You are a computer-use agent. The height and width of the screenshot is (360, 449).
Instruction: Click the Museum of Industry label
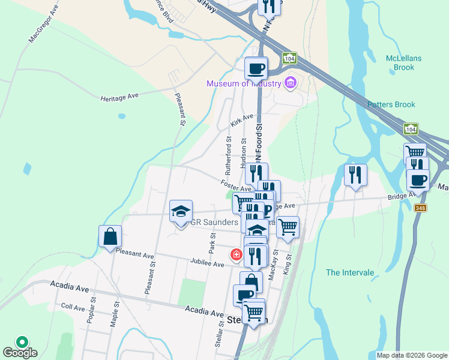244,83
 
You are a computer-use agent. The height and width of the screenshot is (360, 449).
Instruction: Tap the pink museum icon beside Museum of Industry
291,82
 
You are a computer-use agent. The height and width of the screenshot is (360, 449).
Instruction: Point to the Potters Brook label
391,104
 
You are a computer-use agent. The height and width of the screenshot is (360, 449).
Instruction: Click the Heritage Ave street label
119,97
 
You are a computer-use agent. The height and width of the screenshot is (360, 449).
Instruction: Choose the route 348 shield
420,208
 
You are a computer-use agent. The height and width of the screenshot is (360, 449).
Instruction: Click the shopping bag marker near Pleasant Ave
110,236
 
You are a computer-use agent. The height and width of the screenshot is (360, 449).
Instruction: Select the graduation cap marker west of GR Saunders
181,211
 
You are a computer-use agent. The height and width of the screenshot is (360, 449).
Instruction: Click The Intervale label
350,273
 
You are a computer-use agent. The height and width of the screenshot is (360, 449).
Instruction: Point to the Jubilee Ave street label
207,264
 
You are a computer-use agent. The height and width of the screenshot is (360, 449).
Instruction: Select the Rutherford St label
229,152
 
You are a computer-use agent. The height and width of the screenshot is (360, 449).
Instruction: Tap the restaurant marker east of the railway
355,175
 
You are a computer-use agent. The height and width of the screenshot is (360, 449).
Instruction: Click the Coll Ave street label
73,308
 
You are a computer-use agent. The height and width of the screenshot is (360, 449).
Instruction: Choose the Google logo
20,352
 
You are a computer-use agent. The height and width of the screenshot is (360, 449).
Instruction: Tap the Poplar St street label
92,310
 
